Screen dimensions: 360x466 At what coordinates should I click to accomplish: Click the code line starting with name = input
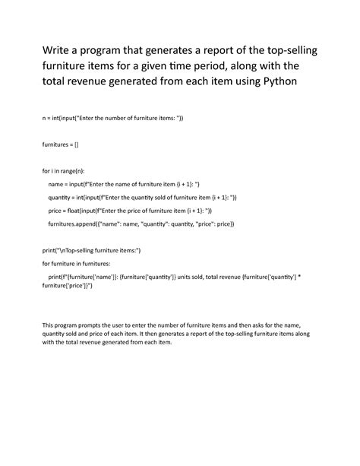[123, 183]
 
